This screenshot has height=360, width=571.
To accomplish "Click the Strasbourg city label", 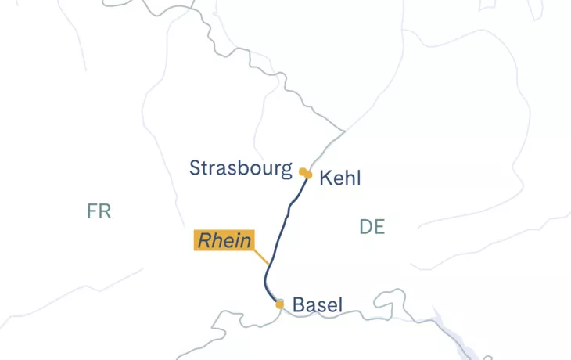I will pos(241,168).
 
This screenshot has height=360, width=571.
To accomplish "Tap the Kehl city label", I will pos(340,178).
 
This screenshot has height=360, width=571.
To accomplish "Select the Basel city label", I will pos(317,305).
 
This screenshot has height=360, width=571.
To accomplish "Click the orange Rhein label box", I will pos(224,240).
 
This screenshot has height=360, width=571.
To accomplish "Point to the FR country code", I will pos(99,211).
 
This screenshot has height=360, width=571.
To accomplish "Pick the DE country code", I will pos(372,227).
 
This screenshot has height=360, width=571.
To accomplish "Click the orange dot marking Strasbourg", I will pos(303,171).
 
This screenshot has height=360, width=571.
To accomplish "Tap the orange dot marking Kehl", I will pos(309,175).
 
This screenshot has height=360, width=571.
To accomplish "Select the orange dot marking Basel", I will pos(279,304).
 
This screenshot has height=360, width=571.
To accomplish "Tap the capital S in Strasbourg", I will pos(196,168).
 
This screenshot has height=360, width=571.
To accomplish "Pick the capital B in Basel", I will pos(298,305).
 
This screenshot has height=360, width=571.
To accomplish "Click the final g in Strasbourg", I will pos(286,171).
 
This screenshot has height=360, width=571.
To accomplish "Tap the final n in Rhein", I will pos(246,241).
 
